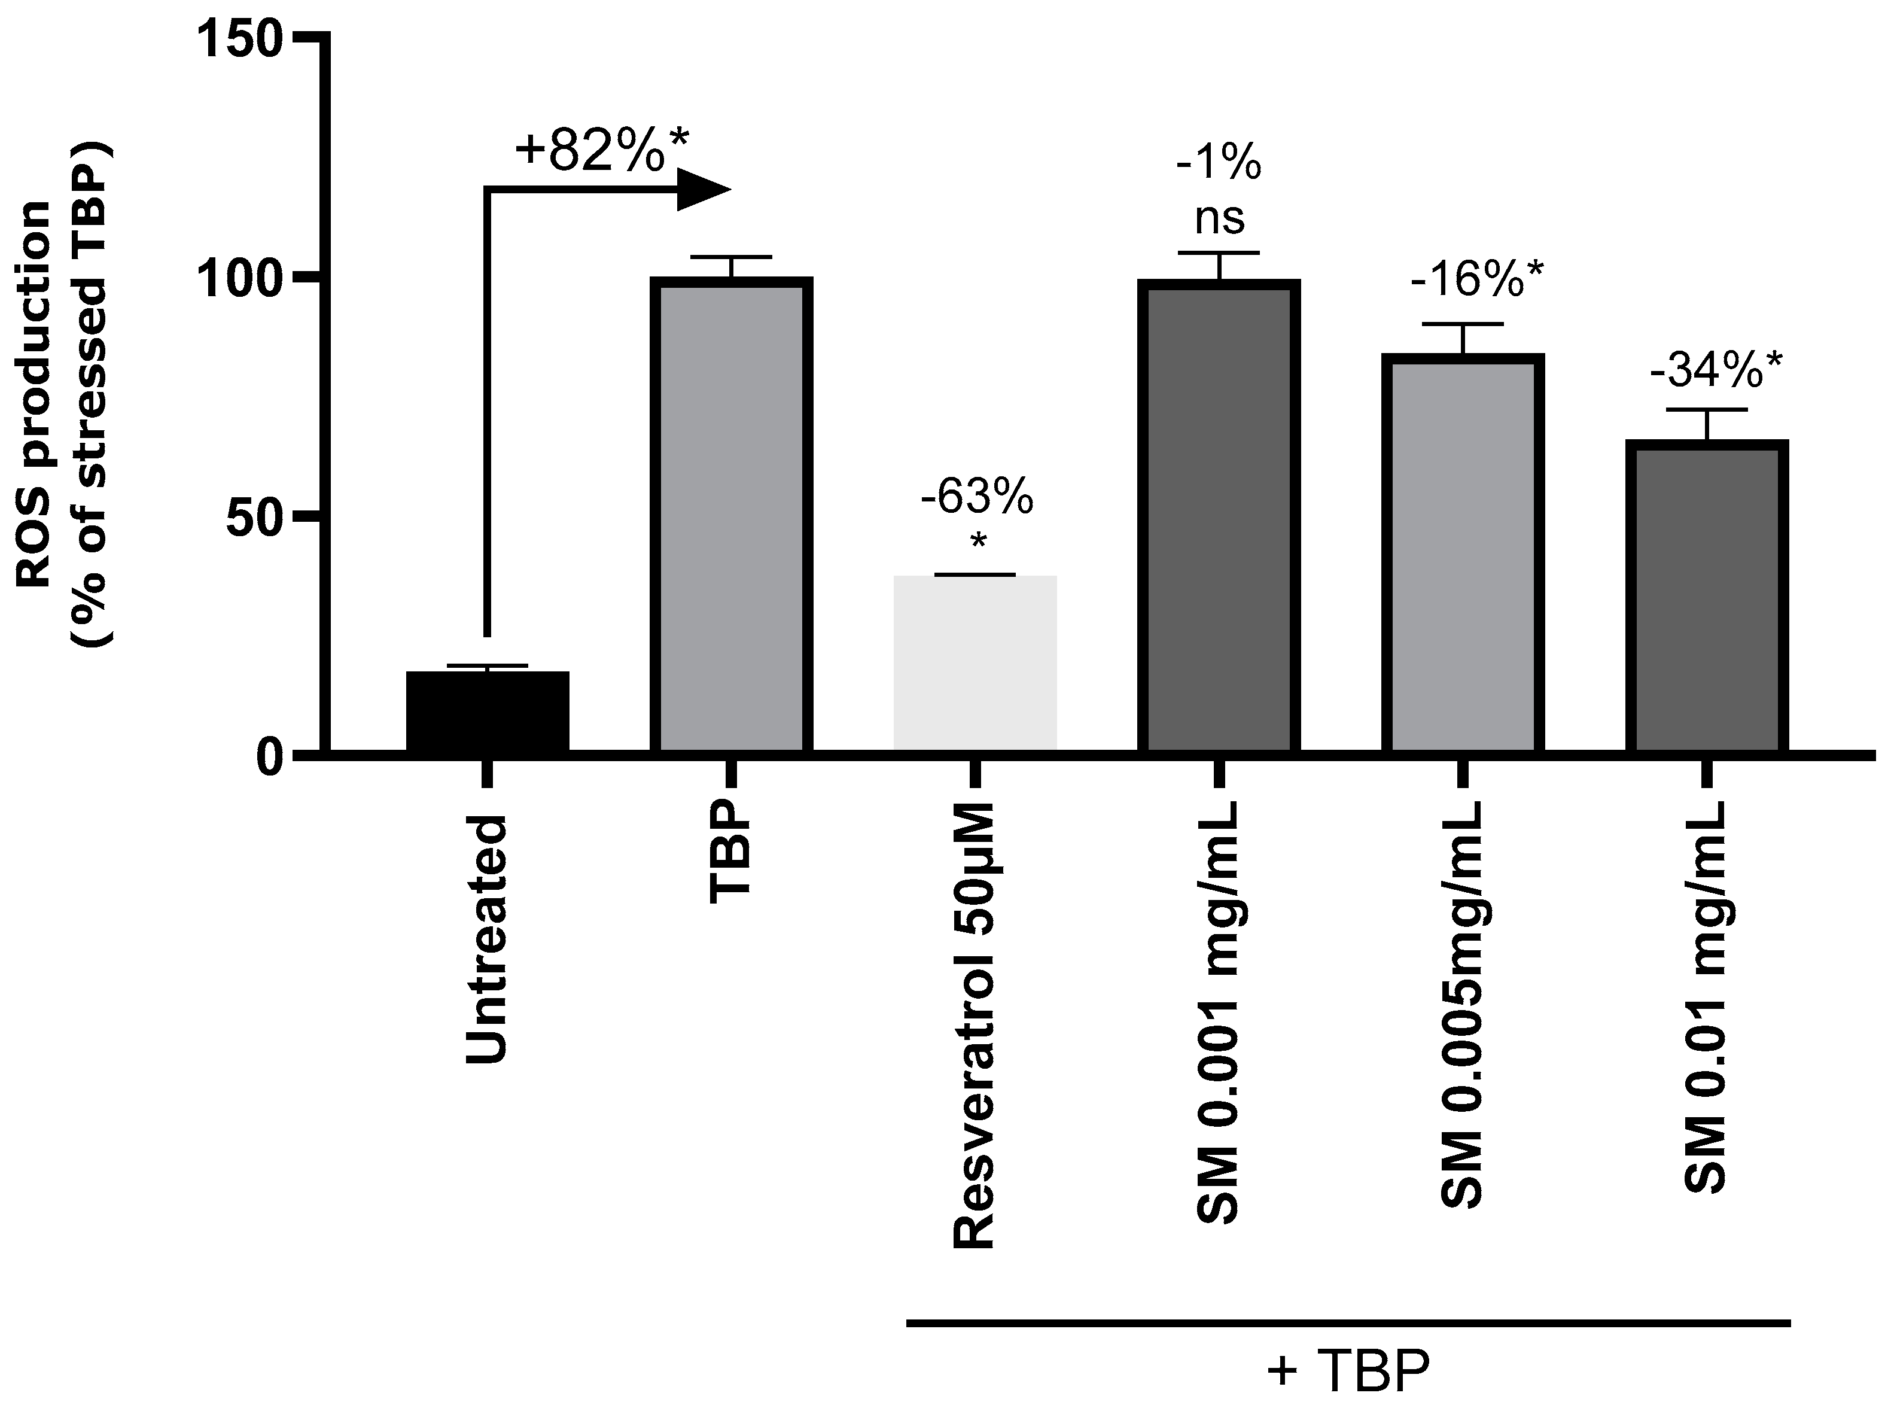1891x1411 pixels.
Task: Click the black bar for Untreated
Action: [488, 711]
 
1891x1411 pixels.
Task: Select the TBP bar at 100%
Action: [731, 517]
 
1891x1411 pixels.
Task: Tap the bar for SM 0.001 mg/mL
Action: [1219, 517]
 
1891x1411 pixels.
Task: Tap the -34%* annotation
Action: [1716, 372]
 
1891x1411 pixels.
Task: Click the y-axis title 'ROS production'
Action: [34, 393]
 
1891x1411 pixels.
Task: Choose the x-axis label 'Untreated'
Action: [488, 939]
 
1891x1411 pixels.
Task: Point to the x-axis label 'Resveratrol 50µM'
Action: [975, 1025]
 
